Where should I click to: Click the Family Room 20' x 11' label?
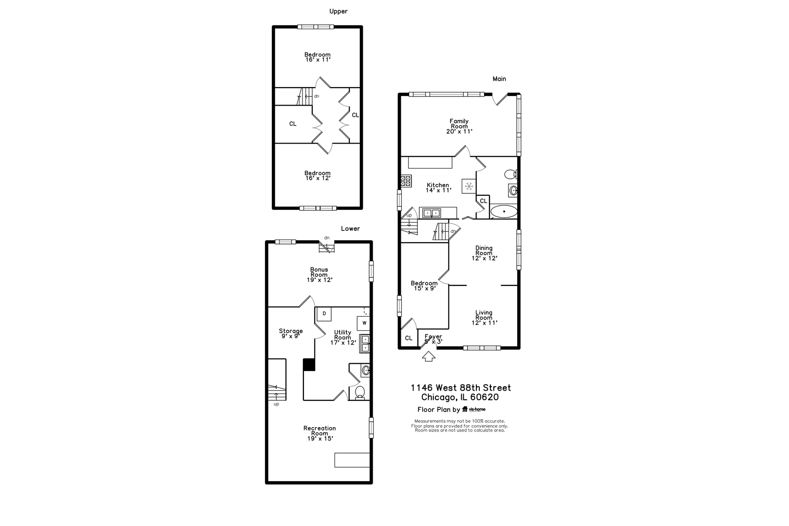click(459, 126)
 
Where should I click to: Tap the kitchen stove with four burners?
click(406, 181)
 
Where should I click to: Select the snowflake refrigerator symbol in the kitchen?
click(469, 186)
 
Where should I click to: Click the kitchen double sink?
click(431, 213)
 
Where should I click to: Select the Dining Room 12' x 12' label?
click(484, 253)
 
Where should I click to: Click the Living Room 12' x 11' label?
click(484, 318)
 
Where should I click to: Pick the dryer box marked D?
click(324, 314)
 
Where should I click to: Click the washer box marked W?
click(364, 323)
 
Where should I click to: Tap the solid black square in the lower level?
click(309, 365)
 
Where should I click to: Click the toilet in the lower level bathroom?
click(360, 392)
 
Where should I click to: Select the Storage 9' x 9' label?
click(290, 333)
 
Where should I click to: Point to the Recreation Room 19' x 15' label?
click(319, 433)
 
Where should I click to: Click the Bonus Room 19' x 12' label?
click(319, 275)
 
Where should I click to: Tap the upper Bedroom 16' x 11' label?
click(318, 57)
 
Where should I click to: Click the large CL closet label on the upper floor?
click(293, 124)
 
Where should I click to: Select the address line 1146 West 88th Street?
click(461, 388)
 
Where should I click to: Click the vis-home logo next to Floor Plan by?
click(473, 410)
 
